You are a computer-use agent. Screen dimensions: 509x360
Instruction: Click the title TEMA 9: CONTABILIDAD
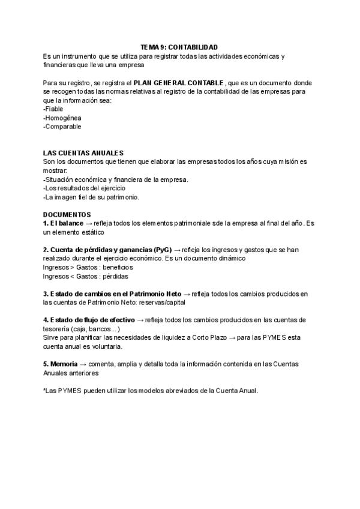click(x=179, y=47)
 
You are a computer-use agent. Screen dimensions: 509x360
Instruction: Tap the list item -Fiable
click(x=53, y=109)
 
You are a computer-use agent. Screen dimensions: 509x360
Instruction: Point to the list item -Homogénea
click(x=62, y=118)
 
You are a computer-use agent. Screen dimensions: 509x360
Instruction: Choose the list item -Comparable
click(x=62, y=127)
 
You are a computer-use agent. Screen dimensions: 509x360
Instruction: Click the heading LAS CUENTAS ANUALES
click(x=83, y=153)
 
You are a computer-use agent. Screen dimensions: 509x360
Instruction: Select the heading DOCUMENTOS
click(x=67, y=214)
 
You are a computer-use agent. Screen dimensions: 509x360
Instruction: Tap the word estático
click(x=93, y=232)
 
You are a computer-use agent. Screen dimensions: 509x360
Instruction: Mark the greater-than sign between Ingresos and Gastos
click(x=71, y=267)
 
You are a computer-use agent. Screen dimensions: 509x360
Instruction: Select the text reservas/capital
click(x=163, y=303)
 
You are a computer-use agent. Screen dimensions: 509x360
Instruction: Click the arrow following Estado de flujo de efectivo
click(x=140, y=320)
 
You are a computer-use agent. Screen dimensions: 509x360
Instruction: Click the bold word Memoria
click(x=64, y=364)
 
